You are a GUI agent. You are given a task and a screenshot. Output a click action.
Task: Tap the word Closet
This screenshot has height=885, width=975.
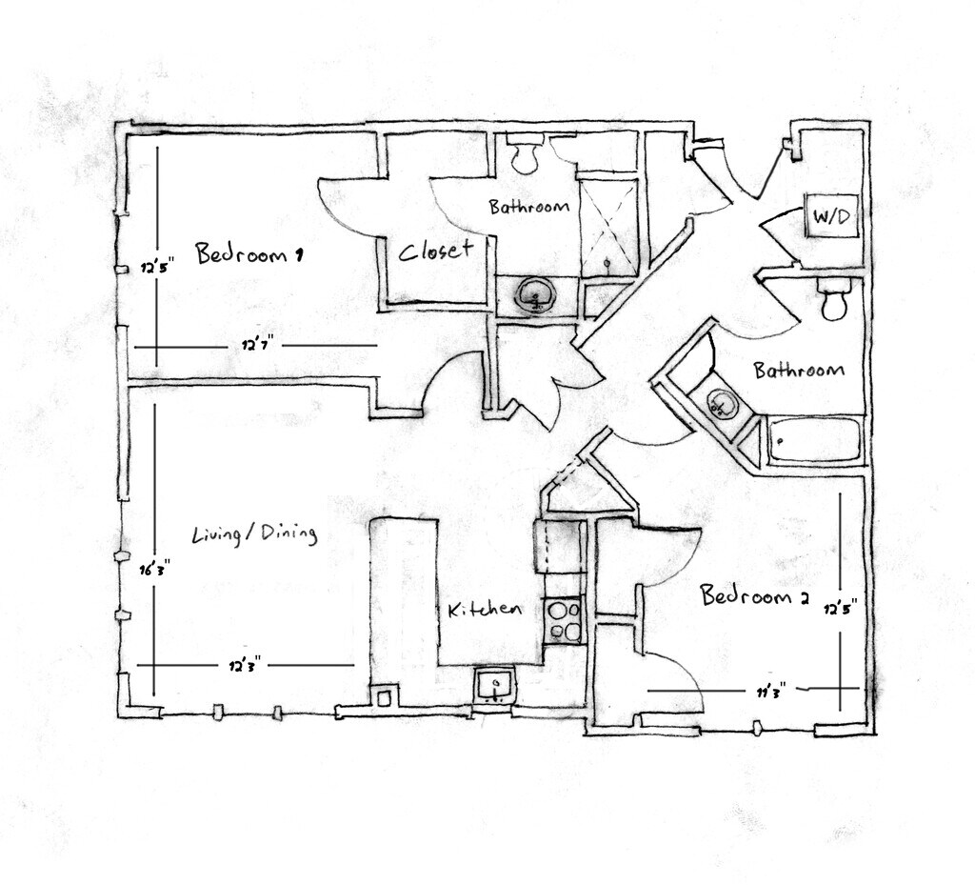click(435, 251)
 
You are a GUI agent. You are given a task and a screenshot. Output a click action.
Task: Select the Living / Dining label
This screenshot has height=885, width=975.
click(254, 533)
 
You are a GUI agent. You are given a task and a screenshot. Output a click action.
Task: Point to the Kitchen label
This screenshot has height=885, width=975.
click(485, 610)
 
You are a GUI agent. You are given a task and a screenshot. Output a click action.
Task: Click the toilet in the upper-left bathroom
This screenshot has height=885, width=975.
click(525, 154)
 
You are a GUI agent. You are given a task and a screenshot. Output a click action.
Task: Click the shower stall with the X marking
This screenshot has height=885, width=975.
click(608, 225)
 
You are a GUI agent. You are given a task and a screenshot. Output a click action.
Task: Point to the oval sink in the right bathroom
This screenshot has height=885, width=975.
click(721, 405)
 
